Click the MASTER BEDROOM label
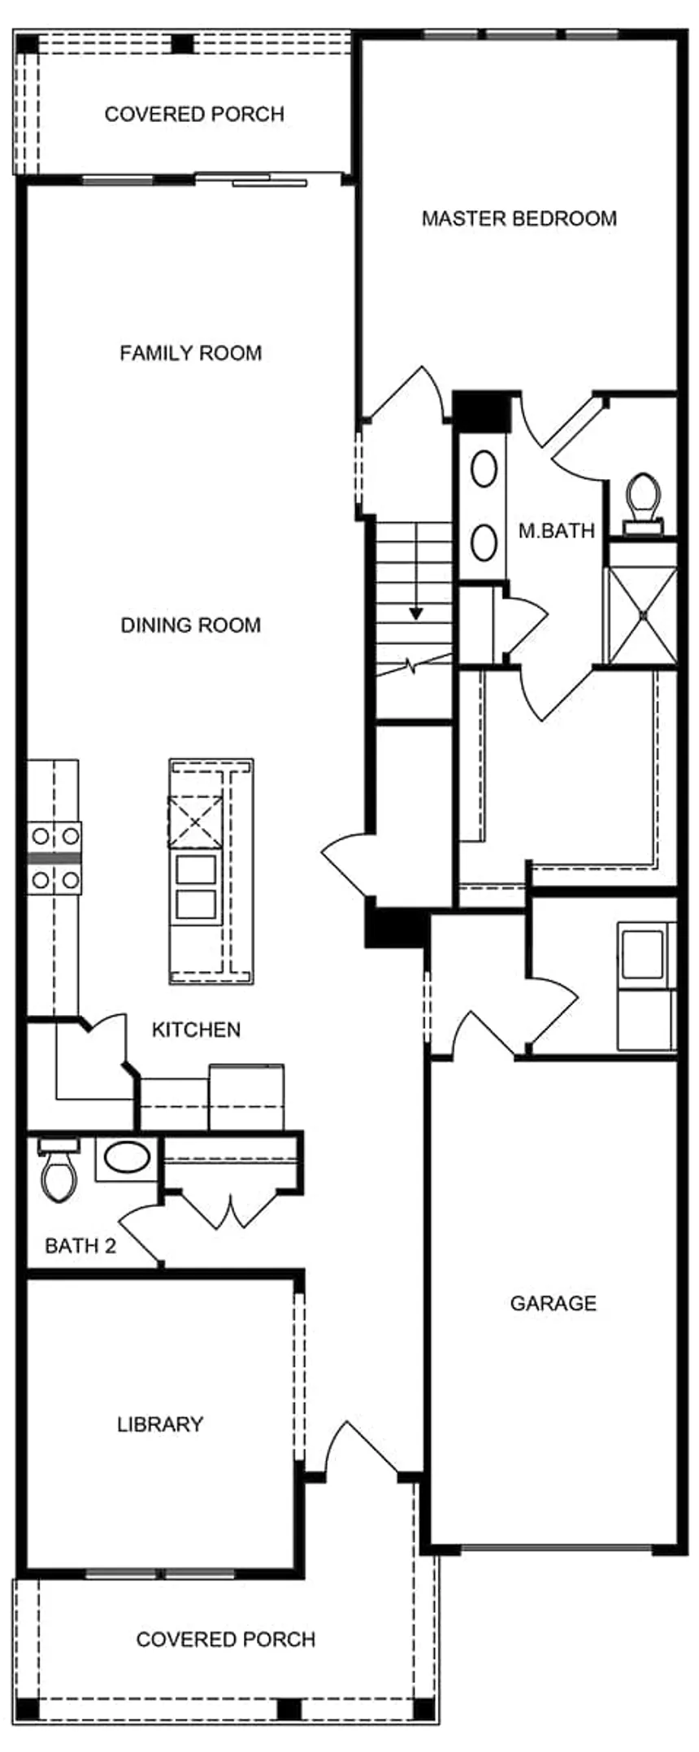click(519, 218)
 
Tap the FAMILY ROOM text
click(190, 353)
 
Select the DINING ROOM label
click(190, 625)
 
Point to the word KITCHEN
click(196, 1030)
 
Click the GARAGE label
click(553, 1303)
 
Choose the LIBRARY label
click(160, 1424)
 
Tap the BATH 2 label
click(80, 1245)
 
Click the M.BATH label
click(556, 531)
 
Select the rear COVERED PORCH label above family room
click(194, 114)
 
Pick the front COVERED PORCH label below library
click(225, 1639)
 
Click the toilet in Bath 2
click(58, 1171)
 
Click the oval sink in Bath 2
click(125, 1157)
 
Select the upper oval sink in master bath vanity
click(484, 469)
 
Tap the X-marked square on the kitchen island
click(195, 822)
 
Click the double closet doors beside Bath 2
click(232, 1210)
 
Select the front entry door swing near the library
click(358, 1450)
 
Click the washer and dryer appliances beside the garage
click(646, 985)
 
